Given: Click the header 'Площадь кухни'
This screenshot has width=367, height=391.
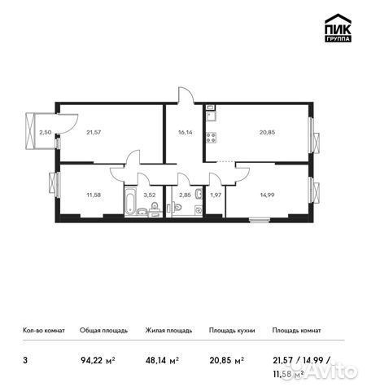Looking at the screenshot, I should click(x=232, y=331).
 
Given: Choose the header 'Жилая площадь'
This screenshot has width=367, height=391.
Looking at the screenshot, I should click(x=168, y=331).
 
